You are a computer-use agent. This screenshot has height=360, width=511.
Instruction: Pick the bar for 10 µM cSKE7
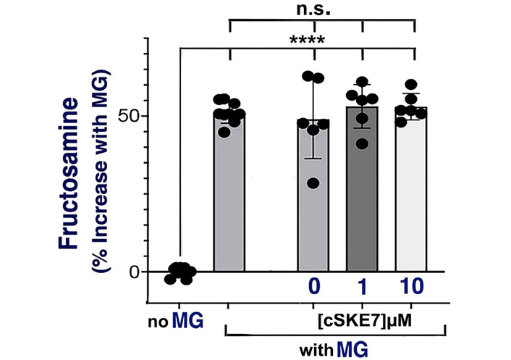coord(415,196)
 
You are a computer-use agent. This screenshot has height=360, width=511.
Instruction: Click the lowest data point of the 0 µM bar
coord(313,183)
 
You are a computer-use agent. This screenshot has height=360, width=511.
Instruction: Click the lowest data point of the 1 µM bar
coord(363,143)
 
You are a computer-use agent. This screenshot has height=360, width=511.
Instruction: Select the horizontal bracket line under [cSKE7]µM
coord(333,334)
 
